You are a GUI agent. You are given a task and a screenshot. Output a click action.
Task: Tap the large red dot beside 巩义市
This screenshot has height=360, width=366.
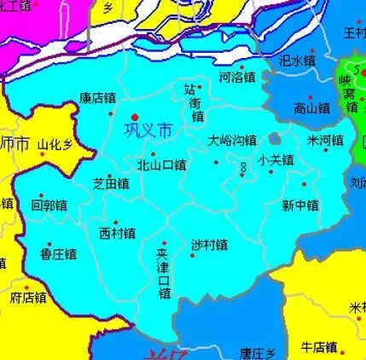134,118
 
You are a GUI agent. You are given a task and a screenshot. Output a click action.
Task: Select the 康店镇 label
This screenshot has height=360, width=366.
96,99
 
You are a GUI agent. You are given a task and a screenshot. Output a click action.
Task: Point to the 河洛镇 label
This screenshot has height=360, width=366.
237,77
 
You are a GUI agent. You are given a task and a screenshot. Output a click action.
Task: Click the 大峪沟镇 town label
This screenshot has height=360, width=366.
232,140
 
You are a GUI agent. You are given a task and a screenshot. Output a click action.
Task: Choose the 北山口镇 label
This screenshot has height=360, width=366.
161,165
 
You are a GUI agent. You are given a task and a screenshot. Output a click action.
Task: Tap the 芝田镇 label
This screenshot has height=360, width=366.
111,183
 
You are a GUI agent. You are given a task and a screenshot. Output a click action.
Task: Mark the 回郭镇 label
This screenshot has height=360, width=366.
49,206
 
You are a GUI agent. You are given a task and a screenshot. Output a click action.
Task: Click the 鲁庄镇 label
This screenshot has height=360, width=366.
58,253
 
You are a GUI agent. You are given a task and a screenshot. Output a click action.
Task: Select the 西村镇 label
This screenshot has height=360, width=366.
117,233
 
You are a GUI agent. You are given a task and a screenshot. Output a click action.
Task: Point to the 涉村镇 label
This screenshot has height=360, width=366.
209,245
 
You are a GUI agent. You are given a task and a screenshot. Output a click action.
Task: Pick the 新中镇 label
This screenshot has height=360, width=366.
300,206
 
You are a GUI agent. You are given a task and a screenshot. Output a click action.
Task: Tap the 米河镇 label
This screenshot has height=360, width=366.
325,140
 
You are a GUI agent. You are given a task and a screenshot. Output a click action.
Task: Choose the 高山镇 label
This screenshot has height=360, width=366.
311,108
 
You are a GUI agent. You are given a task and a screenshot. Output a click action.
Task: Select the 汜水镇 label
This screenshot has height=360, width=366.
298,61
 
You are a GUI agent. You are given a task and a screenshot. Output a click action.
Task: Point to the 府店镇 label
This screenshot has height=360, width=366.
28,298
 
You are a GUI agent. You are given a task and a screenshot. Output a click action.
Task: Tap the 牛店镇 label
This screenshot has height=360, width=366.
319,347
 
